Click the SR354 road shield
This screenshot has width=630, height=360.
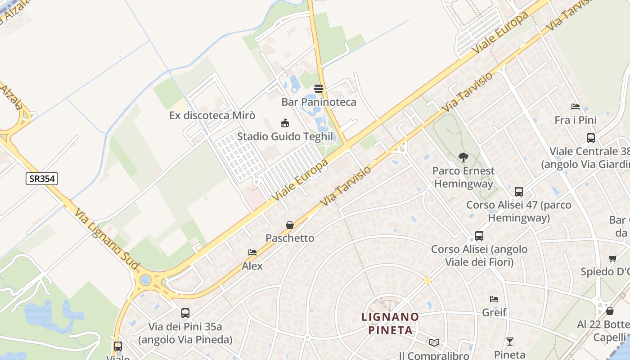point(42,179)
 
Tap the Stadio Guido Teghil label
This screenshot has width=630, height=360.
point(285,136)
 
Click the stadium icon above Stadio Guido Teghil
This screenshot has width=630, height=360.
point(284,123)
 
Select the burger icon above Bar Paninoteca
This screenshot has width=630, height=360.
point(319,89)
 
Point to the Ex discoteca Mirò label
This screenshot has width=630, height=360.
point(212,115)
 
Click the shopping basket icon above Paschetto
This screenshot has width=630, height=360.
point(290,225)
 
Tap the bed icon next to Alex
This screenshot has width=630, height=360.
point(252,252)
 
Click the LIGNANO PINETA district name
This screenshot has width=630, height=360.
point(390,324)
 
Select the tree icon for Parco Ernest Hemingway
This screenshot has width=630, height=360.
point(463,157)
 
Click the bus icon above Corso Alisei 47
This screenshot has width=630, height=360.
point(519,192)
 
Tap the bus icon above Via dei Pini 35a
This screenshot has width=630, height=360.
point(185,313)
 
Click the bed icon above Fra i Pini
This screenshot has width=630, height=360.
point(575,107)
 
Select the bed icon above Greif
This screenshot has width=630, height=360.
point(494,299)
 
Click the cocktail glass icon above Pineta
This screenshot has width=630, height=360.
point(509,341)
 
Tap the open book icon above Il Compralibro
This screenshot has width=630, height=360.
point(434,343)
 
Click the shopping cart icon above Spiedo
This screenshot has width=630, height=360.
point(612,258)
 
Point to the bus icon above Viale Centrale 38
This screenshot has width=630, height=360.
point(591,138)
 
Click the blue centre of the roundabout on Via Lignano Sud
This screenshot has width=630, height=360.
point(145,280)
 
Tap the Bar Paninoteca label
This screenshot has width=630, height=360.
point(319,102)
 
